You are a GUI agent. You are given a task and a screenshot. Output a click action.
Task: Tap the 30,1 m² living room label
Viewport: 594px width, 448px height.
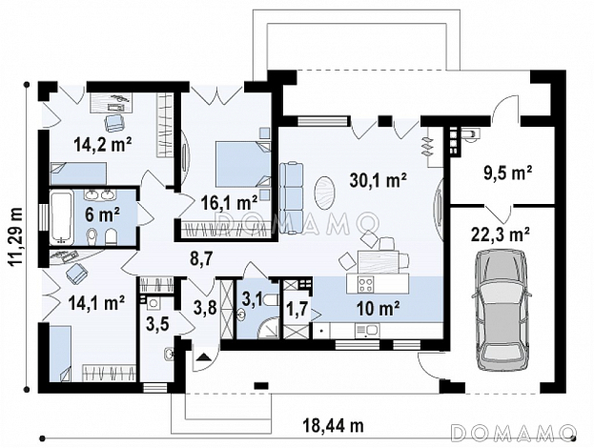[378, 180]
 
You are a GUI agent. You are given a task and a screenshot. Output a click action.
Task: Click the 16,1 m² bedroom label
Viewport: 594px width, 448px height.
[229, 203]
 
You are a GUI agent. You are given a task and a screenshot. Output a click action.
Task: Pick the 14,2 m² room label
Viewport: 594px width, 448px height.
[103, 144]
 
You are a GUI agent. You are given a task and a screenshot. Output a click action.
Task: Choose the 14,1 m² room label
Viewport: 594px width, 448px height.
[96, 302]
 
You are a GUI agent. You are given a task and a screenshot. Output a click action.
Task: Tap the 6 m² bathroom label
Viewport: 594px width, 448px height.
[102, 215]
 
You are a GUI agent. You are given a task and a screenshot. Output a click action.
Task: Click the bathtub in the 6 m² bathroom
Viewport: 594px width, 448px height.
[61, 217]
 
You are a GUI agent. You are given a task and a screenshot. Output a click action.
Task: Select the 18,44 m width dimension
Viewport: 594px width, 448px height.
[333, 425]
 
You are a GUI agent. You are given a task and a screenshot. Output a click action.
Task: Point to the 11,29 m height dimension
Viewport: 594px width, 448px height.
[14, 236]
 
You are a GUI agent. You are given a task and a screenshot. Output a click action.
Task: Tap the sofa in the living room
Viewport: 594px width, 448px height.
[292, 197]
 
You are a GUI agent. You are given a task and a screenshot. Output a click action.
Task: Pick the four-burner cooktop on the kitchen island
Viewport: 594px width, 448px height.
[366, 284]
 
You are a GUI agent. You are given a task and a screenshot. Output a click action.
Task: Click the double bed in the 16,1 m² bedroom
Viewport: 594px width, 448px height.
[243, 164]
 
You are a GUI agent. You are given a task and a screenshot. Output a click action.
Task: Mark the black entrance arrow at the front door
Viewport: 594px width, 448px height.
[203, 356]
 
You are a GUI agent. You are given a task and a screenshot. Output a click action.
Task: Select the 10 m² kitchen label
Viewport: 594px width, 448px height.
[379, 310]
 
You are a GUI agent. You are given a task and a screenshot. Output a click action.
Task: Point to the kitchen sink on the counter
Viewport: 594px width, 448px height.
[366, 330]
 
